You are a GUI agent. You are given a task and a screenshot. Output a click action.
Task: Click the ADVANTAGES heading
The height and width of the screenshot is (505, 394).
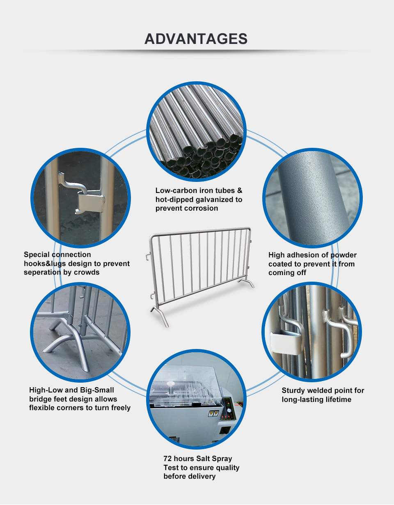coord(196,39)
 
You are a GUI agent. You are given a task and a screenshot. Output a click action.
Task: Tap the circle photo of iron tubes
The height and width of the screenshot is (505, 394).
coord(196,131)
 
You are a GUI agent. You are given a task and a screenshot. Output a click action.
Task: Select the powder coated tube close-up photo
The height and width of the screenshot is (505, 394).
coord(312,198)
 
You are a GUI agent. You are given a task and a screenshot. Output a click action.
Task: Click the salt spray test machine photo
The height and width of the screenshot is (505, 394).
coord(196,399)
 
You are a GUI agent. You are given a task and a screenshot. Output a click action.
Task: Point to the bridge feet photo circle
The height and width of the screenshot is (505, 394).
coord(80,332)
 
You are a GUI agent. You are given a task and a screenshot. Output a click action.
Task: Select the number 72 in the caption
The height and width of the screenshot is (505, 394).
coord(167,459)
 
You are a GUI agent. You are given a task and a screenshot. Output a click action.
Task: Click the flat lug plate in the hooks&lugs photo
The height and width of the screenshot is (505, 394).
coord(91,202)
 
